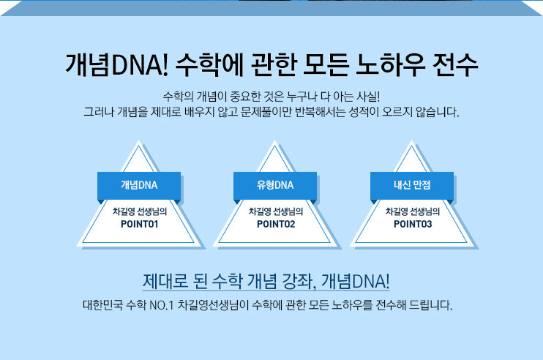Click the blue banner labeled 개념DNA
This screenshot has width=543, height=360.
139,185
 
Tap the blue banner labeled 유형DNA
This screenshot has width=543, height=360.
275,185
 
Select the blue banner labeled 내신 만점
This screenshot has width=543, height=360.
412,185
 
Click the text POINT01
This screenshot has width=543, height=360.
139,224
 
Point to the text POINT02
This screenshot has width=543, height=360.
276,224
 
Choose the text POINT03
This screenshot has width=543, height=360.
413,224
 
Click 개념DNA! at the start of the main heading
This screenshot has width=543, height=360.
117,66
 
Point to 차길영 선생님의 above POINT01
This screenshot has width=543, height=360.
139,211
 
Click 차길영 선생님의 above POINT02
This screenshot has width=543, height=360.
276,211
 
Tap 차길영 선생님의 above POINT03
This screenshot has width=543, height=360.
413,211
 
